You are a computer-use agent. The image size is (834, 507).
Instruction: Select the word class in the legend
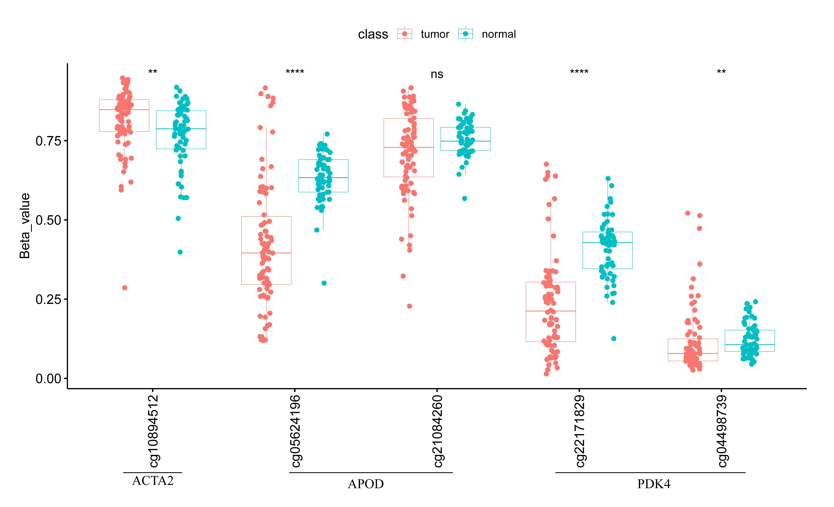coord(373,34)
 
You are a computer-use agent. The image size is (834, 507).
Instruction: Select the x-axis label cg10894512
coord(153,431)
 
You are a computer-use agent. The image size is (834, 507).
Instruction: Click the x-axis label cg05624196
coord(295,431)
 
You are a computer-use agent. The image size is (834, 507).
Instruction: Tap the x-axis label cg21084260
coord(437,431)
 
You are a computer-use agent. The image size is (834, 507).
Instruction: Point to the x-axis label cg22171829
coord(580,431)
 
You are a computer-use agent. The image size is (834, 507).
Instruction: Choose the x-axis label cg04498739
coord(722,431)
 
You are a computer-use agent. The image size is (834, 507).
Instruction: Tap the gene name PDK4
coord(654,484)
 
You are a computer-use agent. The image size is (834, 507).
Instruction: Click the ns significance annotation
coord(437,74)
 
